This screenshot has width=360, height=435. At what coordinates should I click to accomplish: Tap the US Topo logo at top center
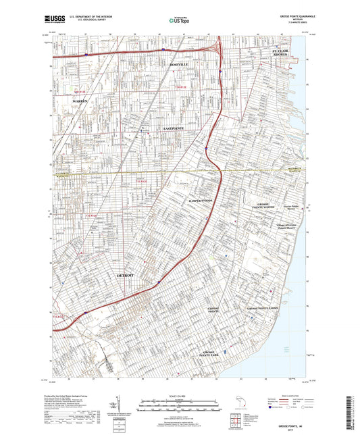tap(178, 21)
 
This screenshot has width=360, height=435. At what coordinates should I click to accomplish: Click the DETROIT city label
tap(126, 276)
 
